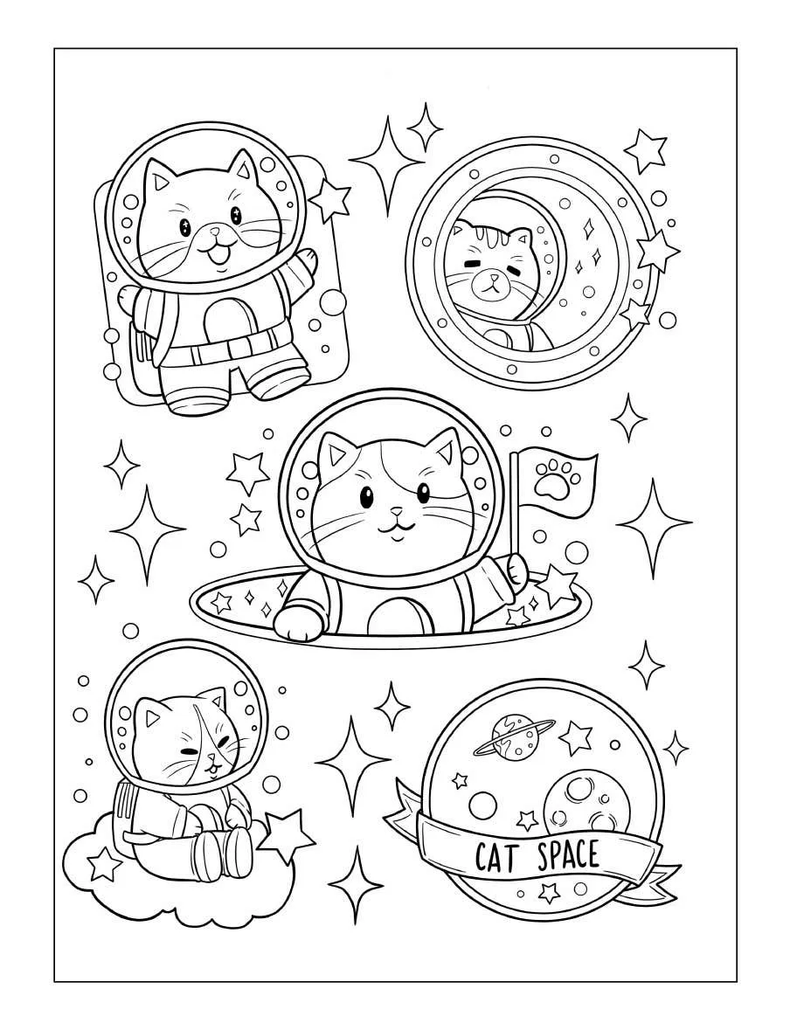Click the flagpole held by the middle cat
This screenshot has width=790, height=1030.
point(513,506)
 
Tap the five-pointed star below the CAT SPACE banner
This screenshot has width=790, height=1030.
point(547,893)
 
